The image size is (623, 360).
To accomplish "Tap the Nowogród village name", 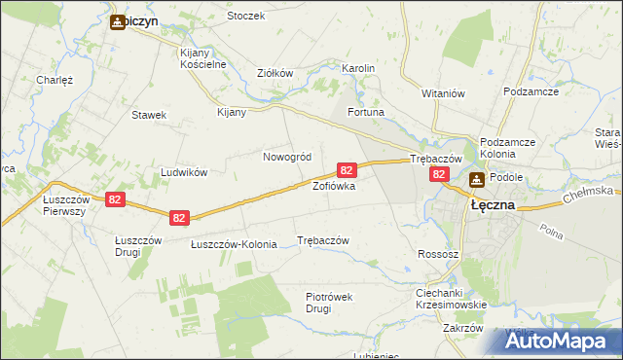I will click(286, 157).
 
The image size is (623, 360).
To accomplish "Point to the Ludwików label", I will click(185, 172).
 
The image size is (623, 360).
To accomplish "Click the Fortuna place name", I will click(366, 113).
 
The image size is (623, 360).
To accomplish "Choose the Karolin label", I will click(357, 68).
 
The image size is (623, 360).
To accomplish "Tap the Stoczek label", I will click(245, 16).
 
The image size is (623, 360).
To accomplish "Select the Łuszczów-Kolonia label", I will click(233, 243).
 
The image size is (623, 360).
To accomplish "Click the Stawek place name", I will click(149, 115).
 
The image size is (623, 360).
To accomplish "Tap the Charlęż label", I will click(55, 80).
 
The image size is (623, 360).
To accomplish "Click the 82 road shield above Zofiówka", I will click(346, 169).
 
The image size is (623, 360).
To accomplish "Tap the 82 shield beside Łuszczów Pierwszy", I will click(116, 199).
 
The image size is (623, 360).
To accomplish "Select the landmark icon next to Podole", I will click(477, 179).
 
